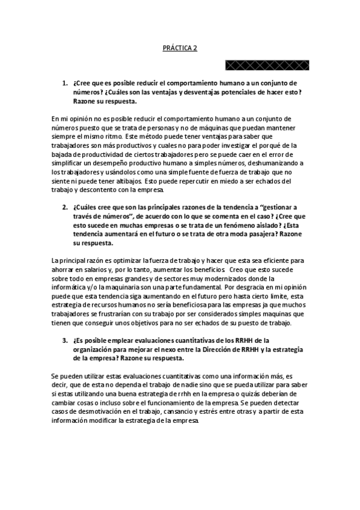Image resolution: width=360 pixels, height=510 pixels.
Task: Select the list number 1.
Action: tap(66, 83)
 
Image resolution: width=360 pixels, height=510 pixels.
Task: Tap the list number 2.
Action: tap(66, 207)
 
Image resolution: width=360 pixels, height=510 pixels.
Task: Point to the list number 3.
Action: tap(66, 340)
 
